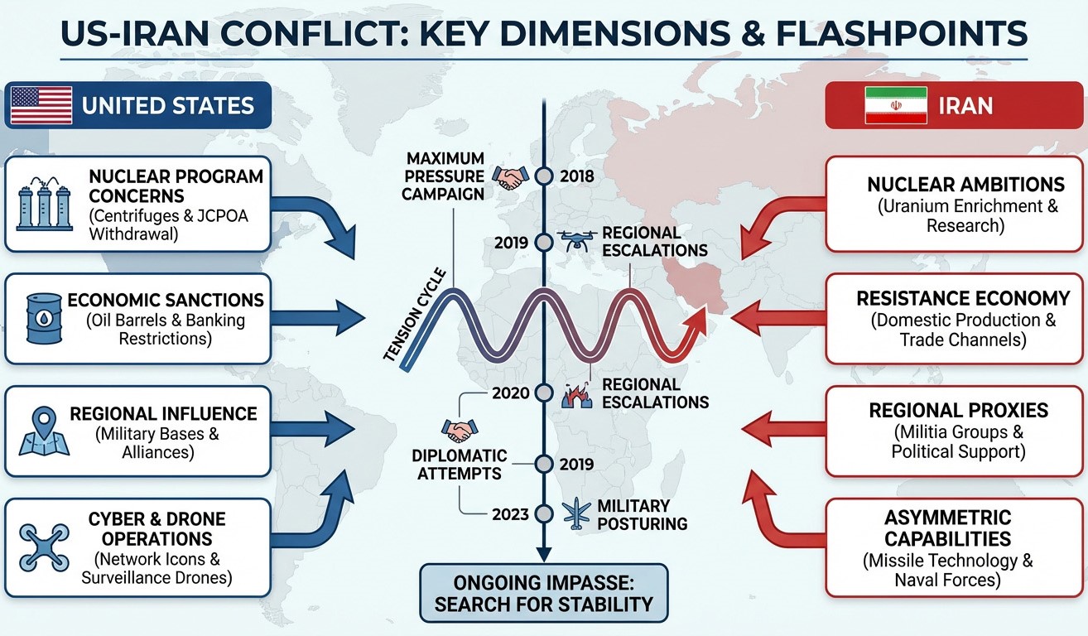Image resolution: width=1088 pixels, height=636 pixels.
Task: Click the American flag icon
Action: [41, 105]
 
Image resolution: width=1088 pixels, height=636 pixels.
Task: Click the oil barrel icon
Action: [43, 318]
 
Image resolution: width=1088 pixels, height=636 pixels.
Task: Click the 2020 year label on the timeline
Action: [510, 393]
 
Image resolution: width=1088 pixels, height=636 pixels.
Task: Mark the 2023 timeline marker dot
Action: [543, 513]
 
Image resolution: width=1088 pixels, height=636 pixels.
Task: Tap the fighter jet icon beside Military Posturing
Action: [574, 512]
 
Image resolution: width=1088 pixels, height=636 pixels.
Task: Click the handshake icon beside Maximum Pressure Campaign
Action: [509, 176]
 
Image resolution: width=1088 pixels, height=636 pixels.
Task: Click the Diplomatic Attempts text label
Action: [460, 464]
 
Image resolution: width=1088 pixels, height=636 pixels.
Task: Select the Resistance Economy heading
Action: [963, 298]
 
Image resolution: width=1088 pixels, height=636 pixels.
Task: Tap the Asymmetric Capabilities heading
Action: [947, 528]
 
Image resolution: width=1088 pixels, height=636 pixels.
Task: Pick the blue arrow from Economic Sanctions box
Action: [318, 316]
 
